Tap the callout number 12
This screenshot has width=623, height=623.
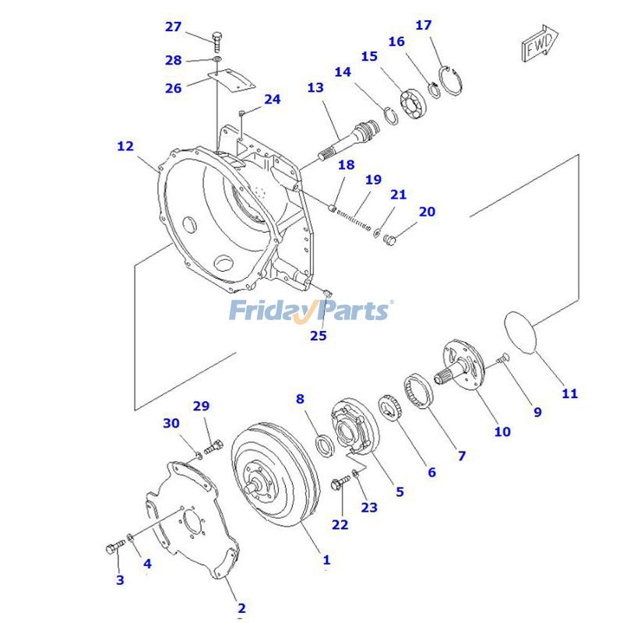(x=125, y=146)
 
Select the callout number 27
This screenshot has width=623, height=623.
(x=173, y=26)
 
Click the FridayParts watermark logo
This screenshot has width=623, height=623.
(x=311, y=311)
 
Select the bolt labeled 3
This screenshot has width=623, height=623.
(x=113, y=548)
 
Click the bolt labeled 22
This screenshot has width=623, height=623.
(x=340, y=484)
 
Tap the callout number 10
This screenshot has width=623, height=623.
(x=502, y=431)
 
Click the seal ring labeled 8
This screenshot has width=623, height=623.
(x=324, y=445)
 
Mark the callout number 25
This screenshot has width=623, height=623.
(x=318, y=336)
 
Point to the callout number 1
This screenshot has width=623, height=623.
(x=326, y=559)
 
